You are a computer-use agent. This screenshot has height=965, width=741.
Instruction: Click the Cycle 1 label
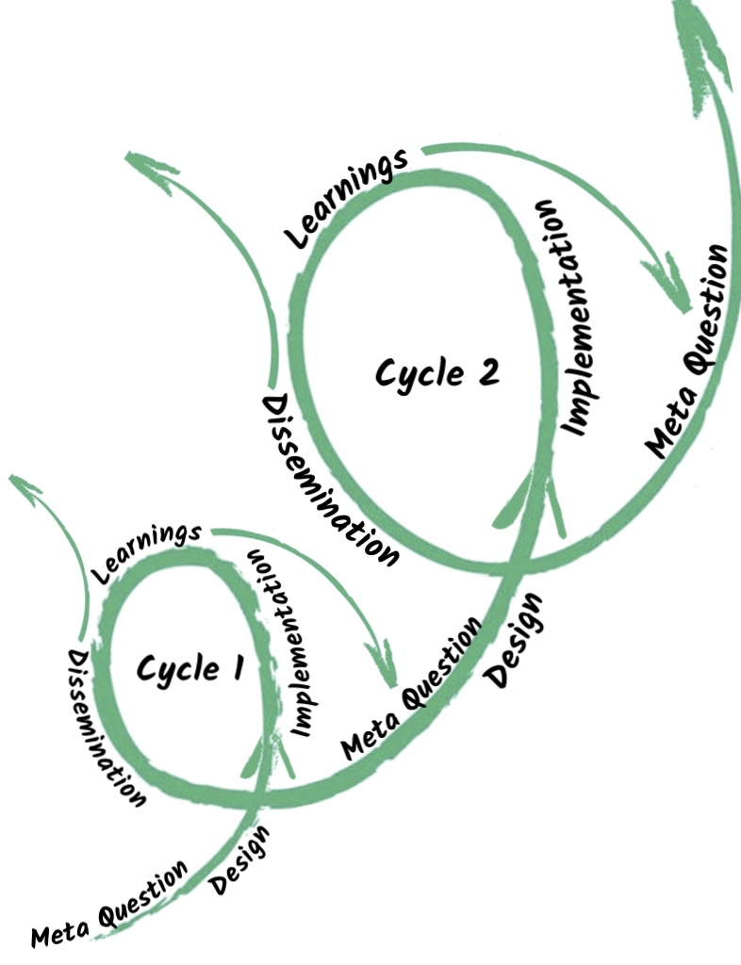click(x=190, y=669)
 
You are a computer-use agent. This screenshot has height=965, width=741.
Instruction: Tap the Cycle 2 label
click(x=436, y=371)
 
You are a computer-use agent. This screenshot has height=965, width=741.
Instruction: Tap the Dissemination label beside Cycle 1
click(x=107, y=727)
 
